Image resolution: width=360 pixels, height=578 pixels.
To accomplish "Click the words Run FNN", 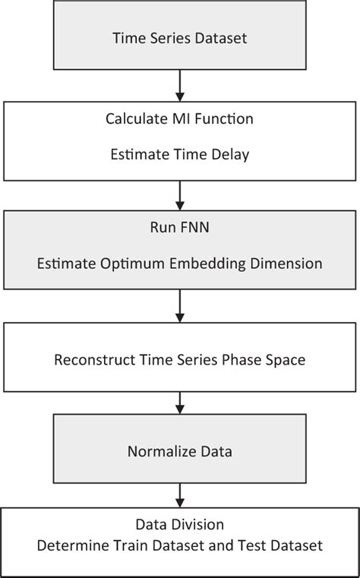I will (x=180, y=226).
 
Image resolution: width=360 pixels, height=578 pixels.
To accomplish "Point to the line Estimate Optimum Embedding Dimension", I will (x=180, y=264).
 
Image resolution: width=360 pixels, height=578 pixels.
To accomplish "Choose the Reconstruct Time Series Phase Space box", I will (x=180, y=358).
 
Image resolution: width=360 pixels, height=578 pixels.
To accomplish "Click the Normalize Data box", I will (x=180, y=452).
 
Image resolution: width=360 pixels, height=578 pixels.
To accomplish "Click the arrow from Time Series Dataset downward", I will (x=180, y=85).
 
